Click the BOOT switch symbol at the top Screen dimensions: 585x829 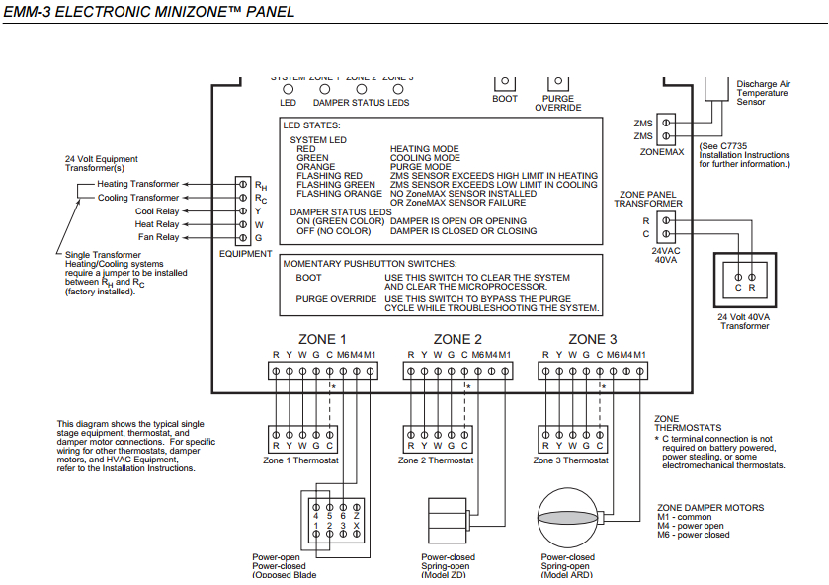tap(505, 82)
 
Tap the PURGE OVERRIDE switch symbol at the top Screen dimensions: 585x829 tap(557, 82)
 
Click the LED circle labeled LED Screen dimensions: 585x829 tap(288, 89)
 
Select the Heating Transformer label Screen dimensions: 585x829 tap(138, 184)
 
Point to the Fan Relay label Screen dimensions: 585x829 tap(157, 237)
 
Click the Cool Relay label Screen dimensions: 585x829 tap(157, 211)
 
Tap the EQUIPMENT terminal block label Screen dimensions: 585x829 tap(245, 254)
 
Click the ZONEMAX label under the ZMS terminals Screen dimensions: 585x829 tap(661, 153)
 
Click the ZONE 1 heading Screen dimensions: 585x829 tap(322, 339)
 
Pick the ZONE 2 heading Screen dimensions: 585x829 tap(457, 339)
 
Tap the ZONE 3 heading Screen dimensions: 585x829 tap(593, 339)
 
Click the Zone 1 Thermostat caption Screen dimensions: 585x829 tap(300, 460)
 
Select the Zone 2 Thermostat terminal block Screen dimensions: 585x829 tap(437, 438)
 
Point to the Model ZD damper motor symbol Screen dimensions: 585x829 tap(447, 519)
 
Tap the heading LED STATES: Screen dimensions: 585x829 tap(311, 125)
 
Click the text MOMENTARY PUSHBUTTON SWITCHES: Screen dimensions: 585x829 tap(370, 264)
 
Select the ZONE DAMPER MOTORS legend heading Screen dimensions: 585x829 tap(709, 508)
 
